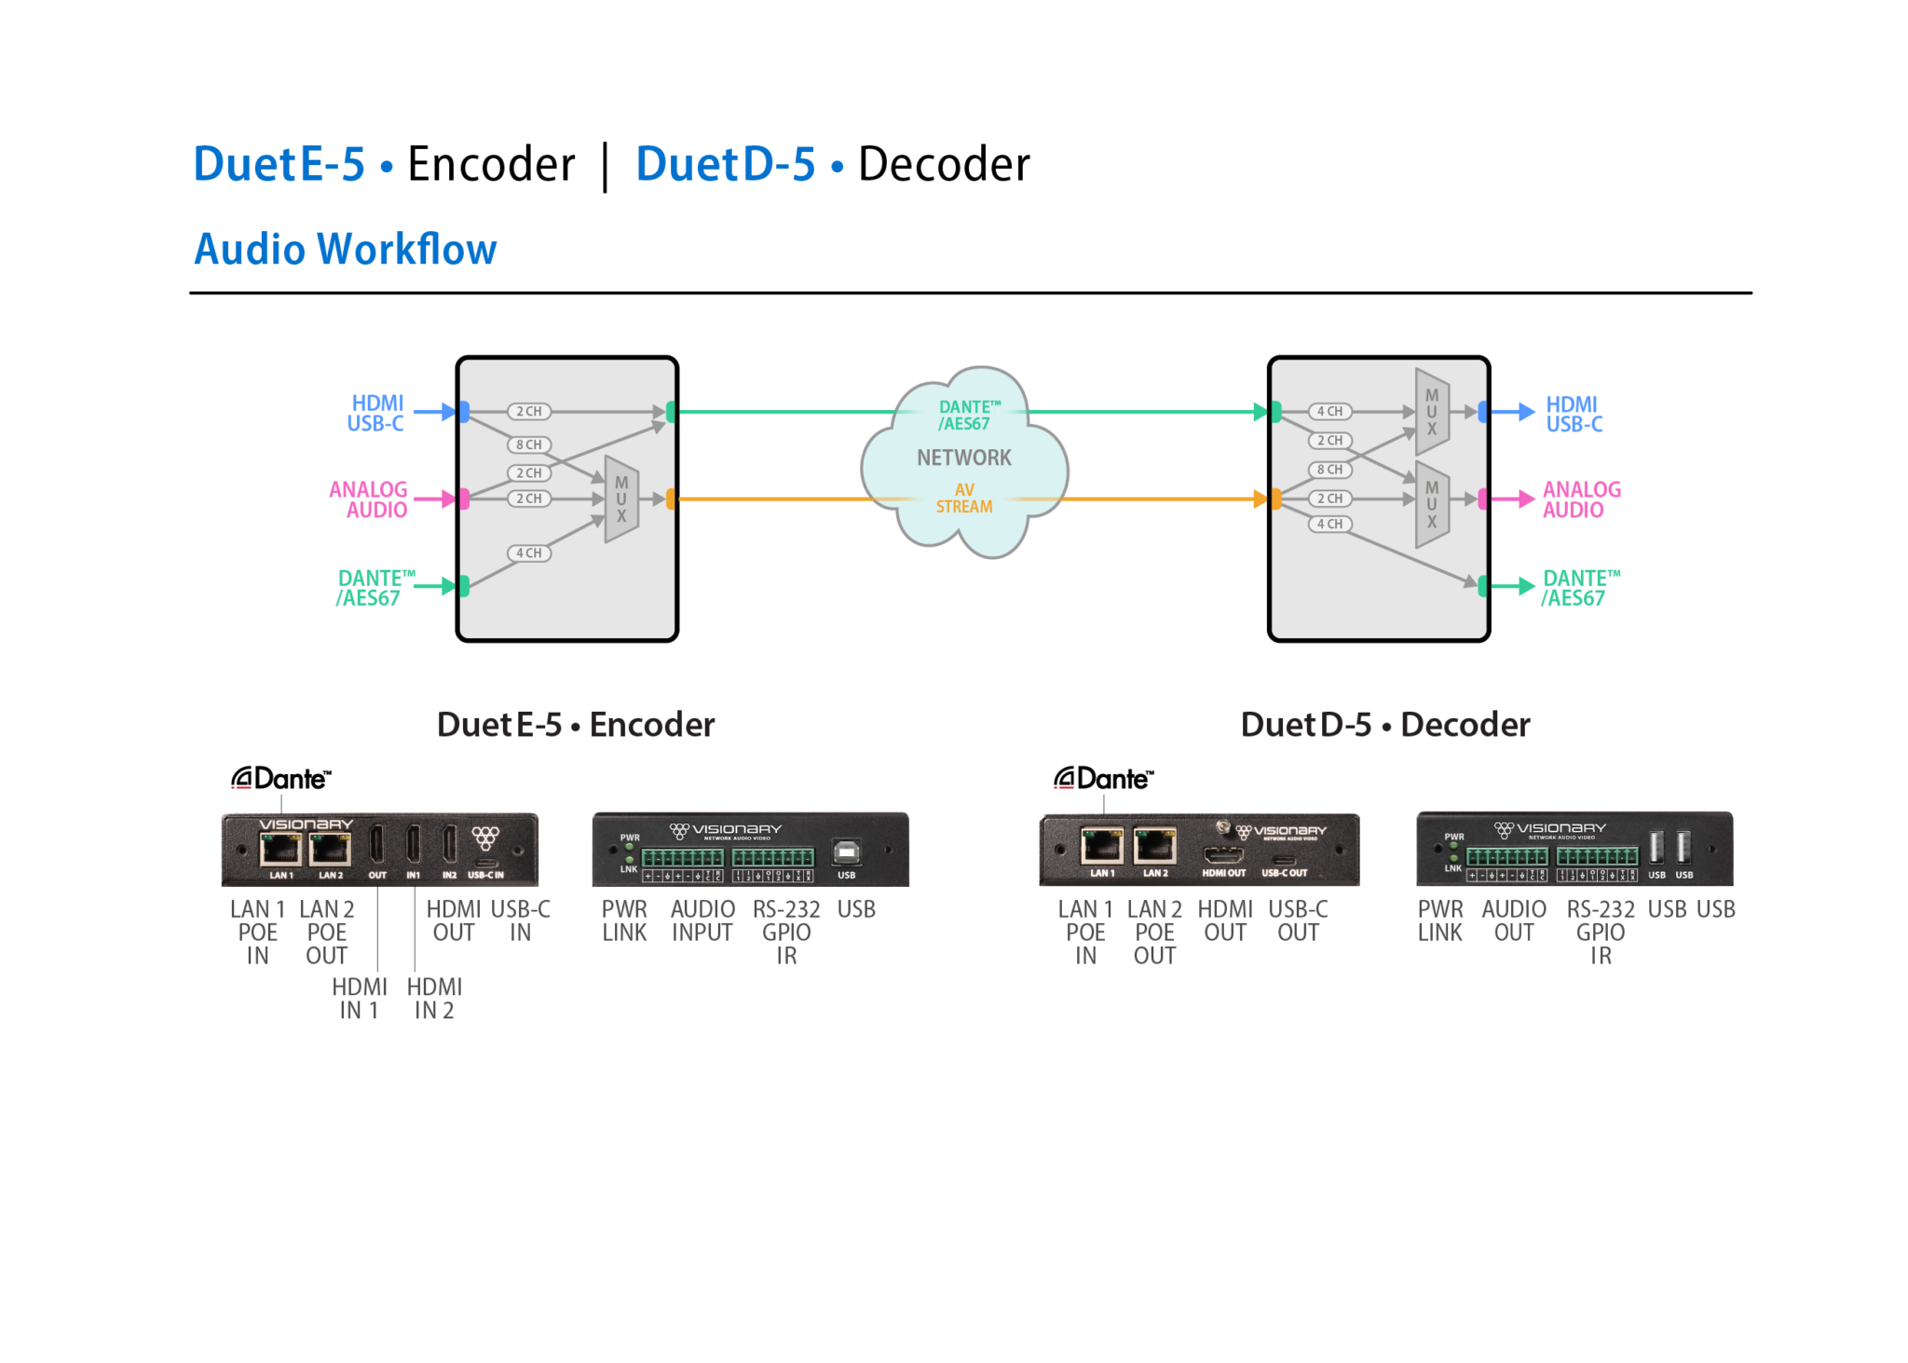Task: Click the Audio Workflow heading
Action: (x=345, y=249)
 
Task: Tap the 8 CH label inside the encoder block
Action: (x=528, y=444)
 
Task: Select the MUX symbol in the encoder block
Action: (x=620, y=499)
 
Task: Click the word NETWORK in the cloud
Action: (x=963, y=457)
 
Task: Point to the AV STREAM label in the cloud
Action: (x=963, y=498)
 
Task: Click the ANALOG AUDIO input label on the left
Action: (x=369, y=499)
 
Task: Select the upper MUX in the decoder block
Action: (x=1431, y=411)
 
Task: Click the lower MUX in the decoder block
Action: (x=1431, y=504)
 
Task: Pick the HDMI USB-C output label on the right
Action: (x=1574, y=414)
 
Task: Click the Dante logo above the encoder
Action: (x=280, y=778)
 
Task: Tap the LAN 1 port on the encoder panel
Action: (x=279, y=850)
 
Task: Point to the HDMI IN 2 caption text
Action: (x=434, y=999)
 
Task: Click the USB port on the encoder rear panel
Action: (x=846, y=852)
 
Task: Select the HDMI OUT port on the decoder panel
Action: (x=1223, y=855)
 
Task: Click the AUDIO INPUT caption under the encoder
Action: (x=702, y=920)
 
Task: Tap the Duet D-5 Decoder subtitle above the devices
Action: (x=1384, y=724)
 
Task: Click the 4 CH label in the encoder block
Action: (x=528, y=553)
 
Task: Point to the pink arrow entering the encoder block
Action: (x=433, y=499)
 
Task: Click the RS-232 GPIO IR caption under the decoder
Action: (x=1600, y=932)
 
